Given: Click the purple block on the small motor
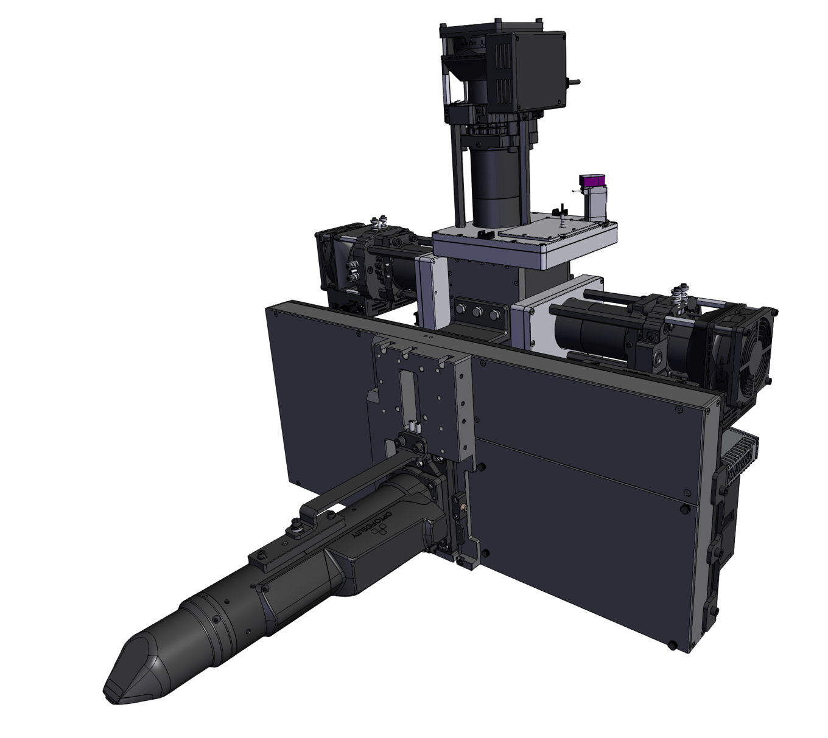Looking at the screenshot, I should (x=591, y=181).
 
